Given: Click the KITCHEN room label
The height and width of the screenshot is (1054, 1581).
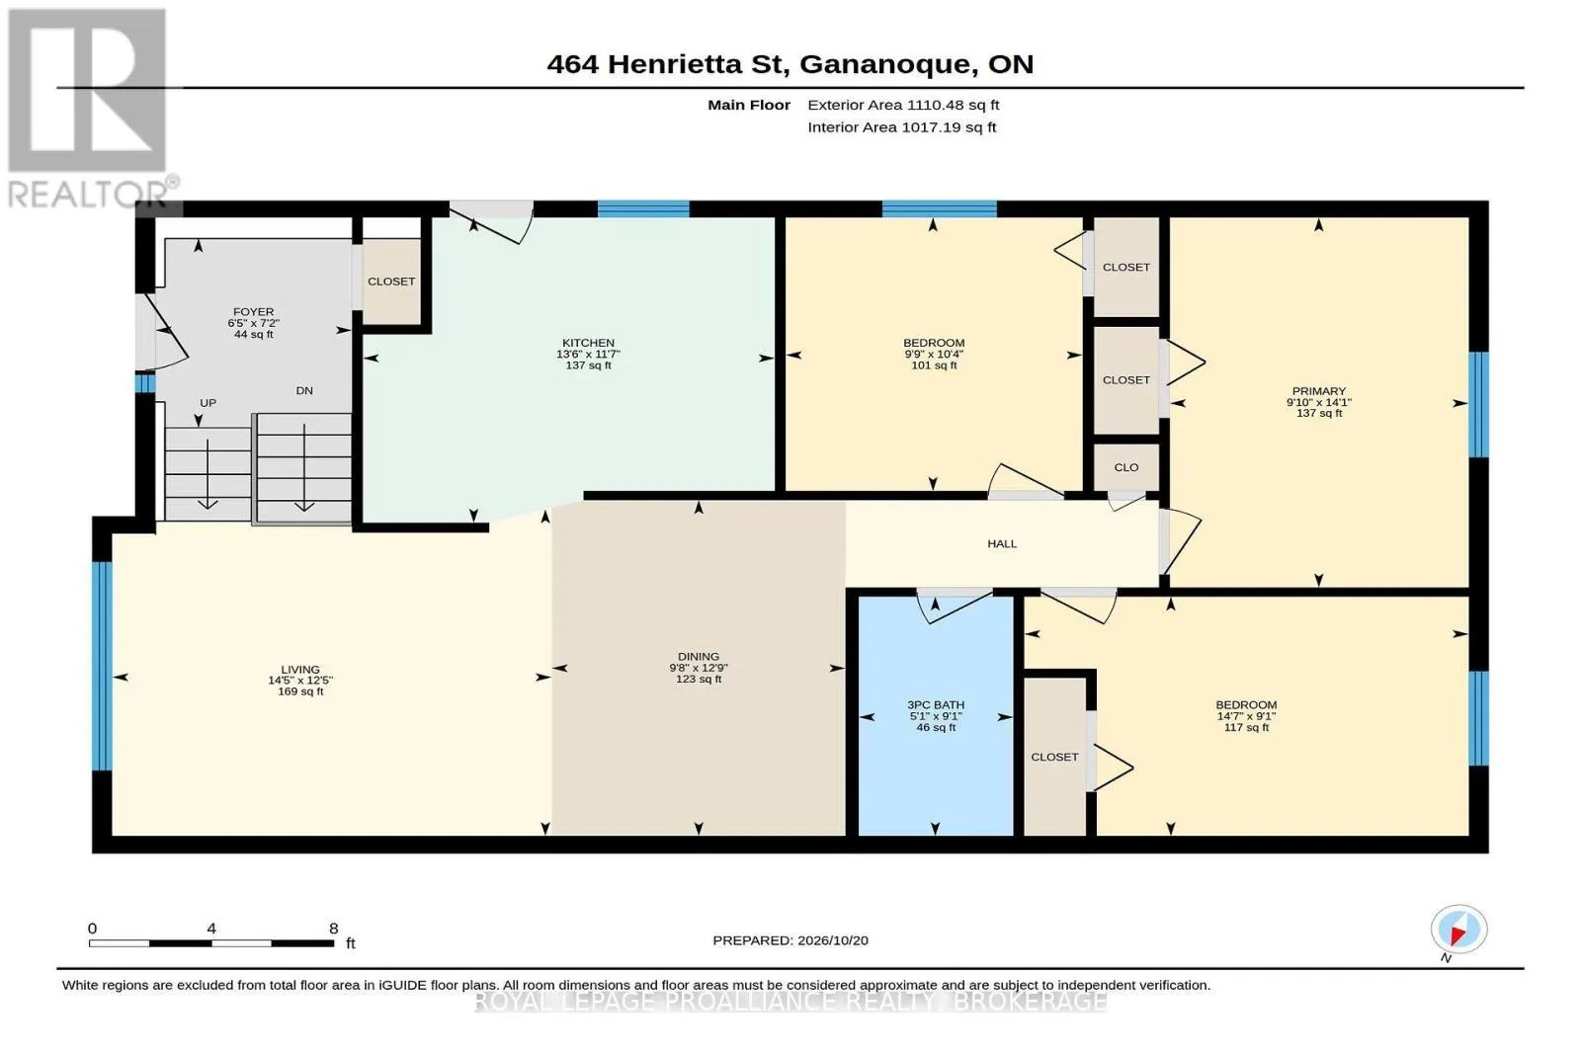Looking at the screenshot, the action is pyautogui.click(x=588, y=343).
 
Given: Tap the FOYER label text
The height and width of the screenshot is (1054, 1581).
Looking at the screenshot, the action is pyautogui.click(x=253, y=312).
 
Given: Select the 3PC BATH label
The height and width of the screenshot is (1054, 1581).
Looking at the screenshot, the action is pyautogui.click(x=935, y=704).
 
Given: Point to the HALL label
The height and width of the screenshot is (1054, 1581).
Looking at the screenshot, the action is pyautogui.click(x=1002, y=544).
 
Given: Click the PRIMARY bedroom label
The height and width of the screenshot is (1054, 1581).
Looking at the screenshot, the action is pyautogui.click(x=1318, y=391).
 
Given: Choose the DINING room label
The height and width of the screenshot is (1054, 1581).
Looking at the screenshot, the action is pyautogui.click(x=698, y=657).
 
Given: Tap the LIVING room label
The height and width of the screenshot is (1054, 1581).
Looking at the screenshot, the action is pyautogui.click(x=300, y=670).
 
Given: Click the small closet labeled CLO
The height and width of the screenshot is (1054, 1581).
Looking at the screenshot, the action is pyautogui.click(x=1125, y=468).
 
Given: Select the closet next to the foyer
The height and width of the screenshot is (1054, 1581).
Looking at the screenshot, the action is pyautogui.click(x=391, y=282).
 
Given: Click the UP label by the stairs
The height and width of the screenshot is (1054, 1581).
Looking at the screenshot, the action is pyautogui.click(x=208, y=403).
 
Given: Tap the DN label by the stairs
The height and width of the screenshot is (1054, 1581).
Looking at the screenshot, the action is pyautogui.click(x=304, y=391).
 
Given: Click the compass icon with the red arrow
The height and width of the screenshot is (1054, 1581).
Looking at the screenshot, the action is pyautogui.click(x=1458, y=930).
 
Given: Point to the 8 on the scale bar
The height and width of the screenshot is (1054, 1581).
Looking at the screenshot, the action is pyautogui.click(x=334, y=929).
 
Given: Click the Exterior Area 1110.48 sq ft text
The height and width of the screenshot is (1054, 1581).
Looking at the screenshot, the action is pyautogui.click(x=903, y=105).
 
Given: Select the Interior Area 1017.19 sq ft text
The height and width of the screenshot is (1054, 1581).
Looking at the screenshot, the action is pyautogui.click(x=902, y=127).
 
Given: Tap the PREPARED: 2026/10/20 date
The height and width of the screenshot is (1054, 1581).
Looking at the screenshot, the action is pyautogui.click(x=790, y=940).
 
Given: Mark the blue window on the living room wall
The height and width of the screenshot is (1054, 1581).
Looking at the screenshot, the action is pyautogui.click(x=103, y=666).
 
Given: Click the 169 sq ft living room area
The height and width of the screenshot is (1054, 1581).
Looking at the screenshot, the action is pyautogui.click(x=300, y=692).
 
